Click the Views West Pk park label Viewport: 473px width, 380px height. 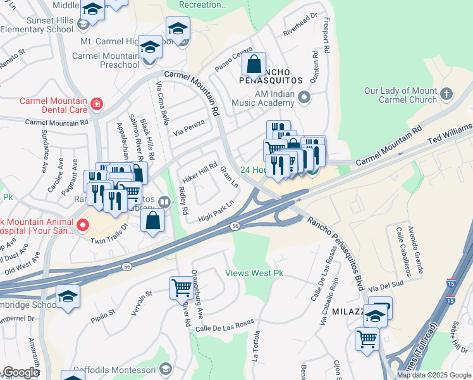click(x=254, y=274)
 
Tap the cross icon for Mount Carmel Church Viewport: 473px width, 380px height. click(x=446, y=95)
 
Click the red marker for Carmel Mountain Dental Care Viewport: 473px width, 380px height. click(x=96, y=104)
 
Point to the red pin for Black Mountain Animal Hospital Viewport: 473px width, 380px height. click(x=83, y=225)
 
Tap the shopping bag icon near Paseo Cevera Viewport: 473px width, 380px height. click(x=254, y=65)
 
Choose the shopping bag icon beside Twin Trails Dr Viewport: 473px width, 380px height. click(x=153, y=221)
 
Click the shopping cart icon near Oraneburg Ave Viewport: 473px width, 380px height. click(x=181, y=288)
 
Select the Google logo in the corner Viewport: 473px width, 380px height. click(x=21, y=372)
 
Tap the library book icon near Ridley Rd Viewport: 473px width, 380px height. click(x=164, y=202)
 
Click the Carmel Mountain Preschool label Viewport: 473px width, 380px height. click(x=106, y=60)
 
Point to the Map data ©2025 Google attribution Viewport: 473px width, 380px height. click(x=434, y=375)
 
